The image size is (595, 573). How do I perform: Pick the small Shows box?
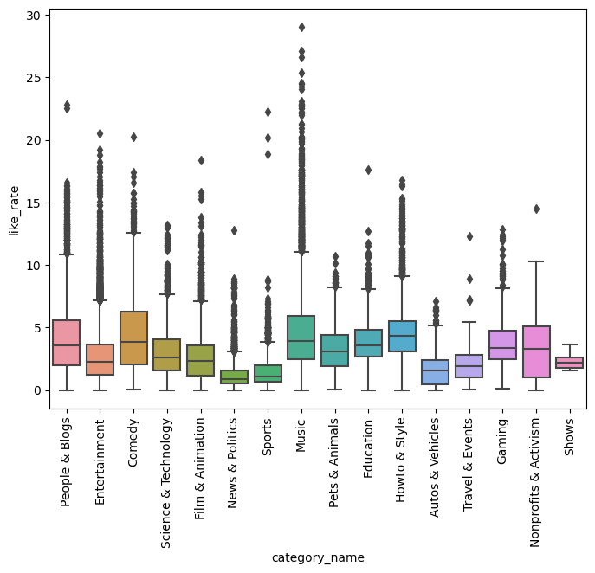click(x=570, y=363)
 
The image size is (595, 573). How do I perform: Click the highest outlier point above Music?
click(x=301, y=28)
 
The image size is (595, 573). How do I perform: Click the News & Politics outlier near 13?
click(x=234, y=230)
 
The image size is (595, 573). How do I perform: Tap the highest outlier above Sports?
click(x=268, y=112)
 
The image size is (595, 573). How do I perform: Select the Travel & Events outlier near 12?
click(x=469, y=236)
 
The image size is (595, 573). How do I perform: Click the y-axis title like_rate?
click(x=13, y=208)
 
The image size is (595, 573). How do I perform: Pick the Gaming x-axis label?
click(x=503, y=443)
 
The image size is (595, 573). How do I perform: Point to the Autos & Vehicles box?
click(x=436, y=372)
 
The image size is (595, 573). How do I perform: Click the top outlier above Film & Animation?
click(x=201, y=160)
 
